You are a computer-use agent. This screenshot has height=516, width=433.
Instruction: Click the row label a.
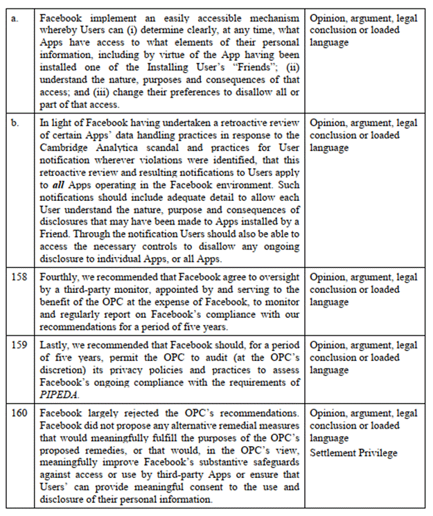(15, 18)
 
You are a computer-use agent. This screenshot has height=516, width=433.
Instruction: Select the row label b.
(15, 123)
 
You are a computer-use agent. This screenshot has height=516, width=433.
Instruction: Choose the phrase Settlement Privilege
(353, 452)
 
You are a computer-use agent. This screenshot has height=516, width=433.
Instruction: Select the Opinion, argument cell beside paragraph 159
(364, 357)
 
